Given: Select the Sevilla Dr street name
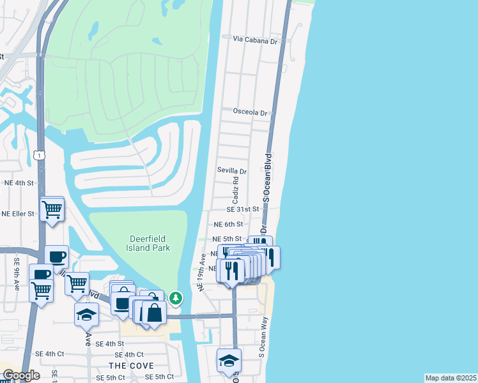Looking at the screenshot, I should (231, 171).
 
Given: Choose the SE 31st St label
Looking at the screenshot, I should (243, 209).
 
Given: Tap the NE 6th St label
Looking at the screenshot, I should (228, 224).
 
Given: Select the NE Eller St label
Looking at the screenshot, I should (18, 214).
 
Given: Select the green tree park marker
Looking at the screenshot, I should (175, 298).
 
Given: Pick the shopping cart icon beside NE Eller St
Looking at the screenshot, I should (51, 209).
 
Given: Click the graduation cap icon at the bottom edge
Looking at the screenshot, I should (229, 361).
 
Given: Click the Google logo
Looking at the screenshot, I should (20, 375).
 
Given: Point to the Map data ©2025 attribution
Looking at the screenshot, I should (451, 378).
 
